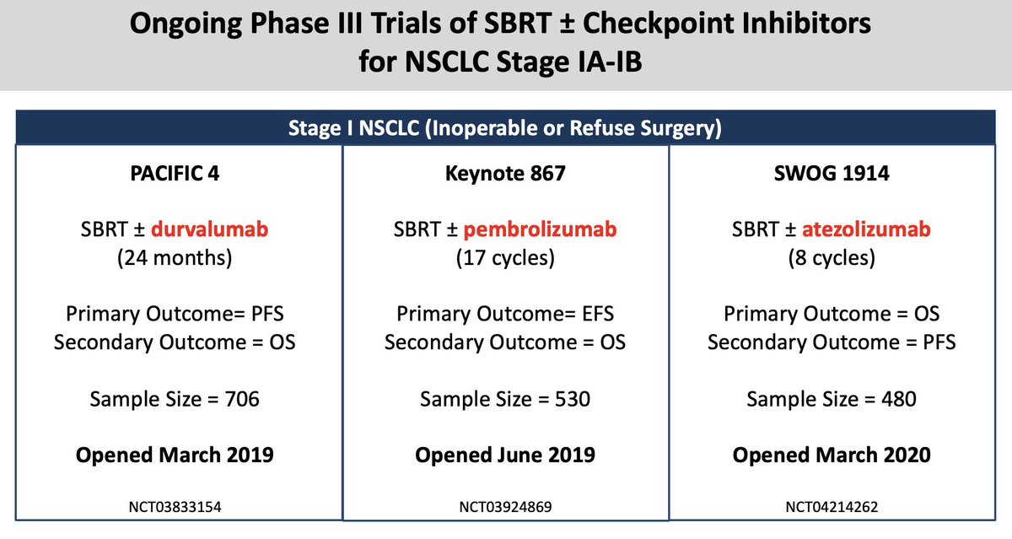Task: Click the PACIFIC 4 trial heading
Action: tap(175, 174)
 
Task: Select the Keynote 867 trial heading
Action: tap(505, 174)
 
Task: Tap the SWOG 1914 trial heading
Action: tap(832, 174)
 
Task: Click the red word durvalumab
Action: tap(210, 229)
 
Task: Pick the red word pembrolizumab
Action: tap(540, 230)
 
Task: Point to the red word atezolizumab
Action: tap(866, 229)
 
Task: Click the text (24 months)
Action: tap(175, 258)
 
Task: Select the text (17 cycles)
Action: tap(505, 258)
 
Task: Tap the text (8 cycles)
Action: tap(832, 258)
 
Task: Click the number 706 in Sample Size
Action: tap(242, 399)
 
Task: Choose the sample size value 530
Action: tap(573, 399)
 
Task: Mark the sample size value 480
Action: tap(899, 399)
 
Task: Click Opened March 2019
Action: tap(175, 455)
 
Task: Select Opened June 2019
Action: tap(505, 455)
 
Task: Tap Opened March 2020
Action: tap(832, 455)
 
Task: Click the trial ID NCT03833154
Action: tap(175, 507)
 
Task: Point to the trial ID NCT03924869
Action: tap(505, 507)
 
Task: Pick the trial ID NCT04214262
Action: tap(832, 507)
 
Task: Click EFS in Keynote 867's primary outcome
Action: tap(598, 314)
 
